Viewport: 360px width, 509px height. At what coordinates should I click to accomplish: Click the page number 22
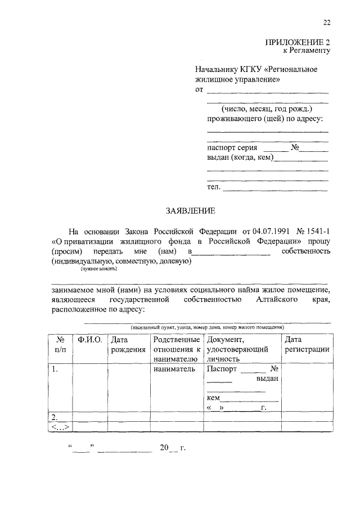326,22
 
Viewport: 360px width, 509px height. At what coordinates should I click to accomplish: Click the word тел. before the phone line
214,187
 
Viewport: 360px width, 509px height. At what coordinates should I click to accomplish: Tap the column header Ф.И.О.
90,340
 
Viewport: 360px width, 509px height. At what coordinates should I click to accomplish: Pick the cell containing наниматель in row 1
174,370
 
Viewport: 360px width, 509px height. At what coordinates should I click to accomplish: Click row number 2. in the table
55,417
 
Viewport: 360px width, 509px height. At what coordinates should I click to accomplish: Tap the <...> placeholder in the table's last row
60,426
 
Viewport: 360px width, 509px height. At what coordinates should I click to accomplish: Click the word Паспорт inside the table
222,370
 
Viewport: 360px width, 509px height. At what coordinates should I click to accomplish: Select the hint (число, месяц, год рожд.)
267,108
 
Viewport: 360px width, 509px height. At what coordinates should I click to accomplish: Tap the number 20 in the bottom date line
164,448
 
